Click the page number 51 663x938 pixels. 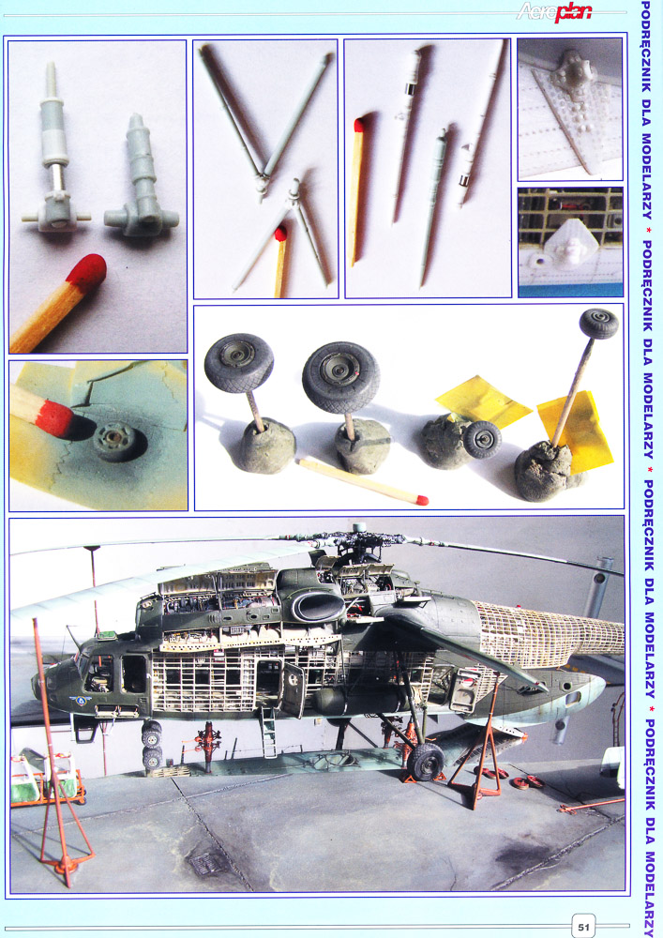[x=583, y=927]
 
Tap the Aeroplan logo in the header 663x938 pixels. [x=554, y=11]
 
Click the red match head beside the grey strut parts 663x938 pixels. [x=86, y=271]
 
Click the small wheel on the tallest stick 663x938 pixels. [x=598, y=323]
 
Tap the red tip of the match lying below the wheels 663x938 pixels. [x=422, y=500]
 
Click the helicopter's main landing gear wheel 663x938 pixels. [x=425, y=761]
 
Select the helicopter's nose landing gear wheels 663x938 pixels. [x=152, y=745]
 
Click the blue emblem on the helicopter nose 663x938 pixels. [x=80, y=700]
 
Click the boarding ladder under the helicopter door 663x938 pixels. [x=268, y=733]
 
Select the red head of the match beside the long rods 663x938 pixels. [x=359, y=125]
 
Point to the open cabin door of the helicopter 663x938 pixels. [x=293, y=688]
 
